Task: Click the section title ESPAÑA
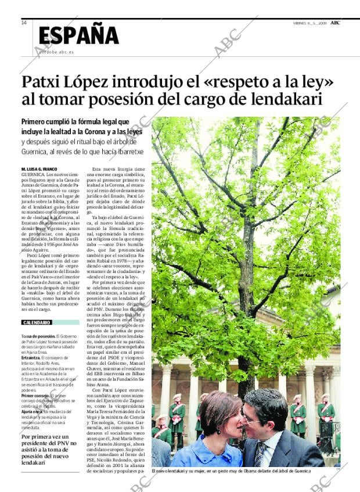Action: coord(78,35)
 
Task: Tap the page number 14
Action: coord(23,23)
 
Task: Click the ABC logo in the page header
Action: coord(335,23)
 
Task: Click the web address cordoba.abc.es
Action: coord(56,52)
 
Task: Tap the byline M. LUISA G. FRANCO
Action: coord(39,169)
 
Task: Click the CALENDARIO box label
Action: coord(37,322)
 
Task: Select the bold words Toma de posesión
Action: coord(38,336)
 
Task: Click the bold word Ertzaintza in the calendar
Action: coord(33,358)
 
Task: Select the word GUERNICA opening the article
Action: coord(33,174)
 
